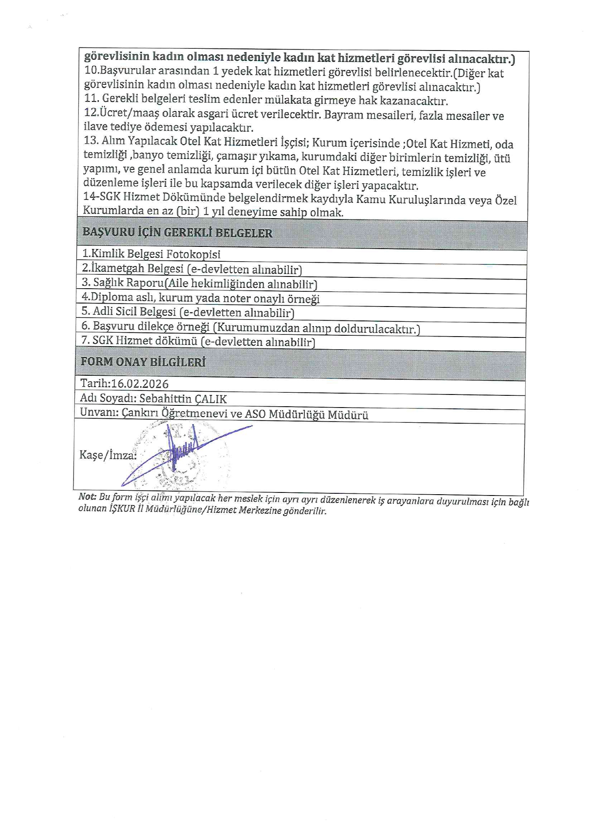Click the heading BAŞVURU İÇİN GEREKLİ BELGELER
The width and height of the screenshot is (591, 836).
tap(177, 233)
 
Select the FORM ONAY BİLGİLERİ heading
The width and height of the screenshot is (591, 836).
tap(143, 362)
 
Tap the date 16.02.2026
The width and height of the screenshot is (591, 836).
tap(139, 384)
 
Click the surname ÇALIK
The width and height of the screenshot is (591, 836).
tap(211, 399)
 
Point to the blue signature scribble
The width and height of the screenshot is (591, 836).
tap(183, 453)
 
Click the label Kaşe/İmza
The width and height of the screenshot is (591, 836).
tap(108, 455)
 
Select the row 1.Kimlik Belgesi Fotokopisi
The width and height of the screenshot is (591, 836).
tap(151, 254)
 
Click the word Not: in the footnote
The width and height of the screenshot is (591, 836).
tap(87, 497)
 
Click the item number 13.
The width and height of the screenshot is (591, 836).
tap(91, 141)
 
